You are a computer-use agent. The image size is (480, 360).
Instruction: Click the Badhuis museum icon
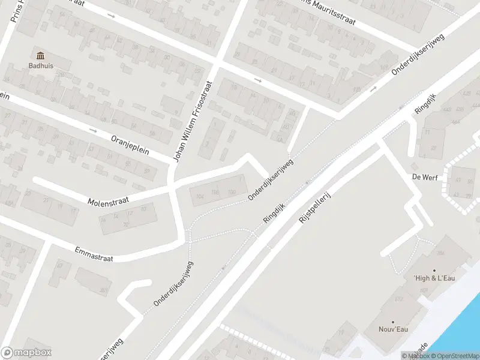(41, 55)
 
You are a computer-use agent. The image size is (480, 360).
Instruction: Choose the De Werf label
(423, 177)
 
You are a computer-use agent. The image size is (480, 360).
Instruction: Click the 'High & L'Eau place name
(430, 278)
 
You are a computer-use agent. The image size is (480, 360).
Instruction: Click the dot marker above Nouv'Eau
(392, 322)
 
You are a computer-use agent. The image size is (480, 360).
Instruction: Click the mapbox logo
(26, 353)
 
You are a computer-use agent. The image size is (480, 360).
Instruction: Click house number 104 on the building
(200, 196)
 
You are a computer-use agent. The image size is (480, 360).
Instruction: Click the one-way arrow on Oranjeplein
(92, 130)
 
